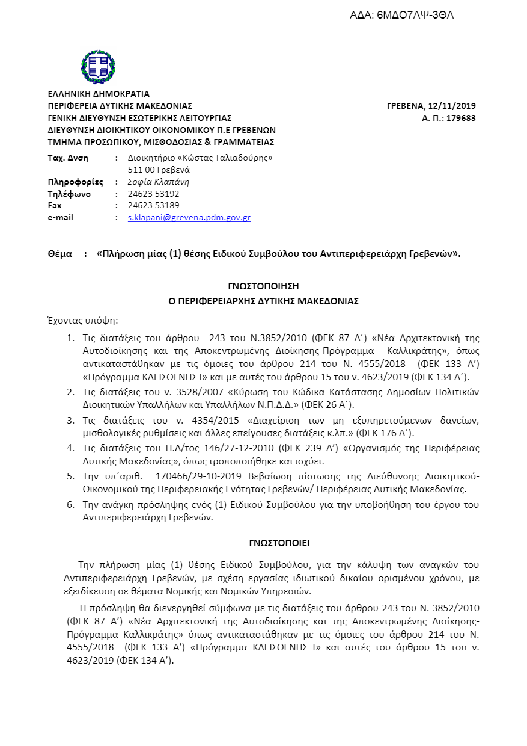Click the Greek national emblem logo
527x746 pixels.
98,67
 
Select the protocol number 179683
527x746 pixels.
460,118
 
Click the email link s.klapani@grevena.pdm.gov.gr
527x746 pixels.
189,217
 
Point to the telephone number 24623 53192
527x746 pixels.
154,194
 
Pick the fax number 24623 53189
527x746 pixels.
154,205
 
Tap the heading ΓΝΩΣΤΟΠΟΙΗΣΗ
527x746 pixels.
263,286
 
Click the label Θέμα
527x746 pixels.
61,254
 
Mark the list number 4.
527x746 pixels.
70,448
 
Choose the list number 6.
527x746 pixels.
70,504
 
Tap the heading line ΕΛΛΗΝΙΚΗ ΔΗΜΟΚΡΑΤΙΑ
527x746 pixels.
99,94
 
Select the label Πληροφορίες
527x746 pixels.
75,182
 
